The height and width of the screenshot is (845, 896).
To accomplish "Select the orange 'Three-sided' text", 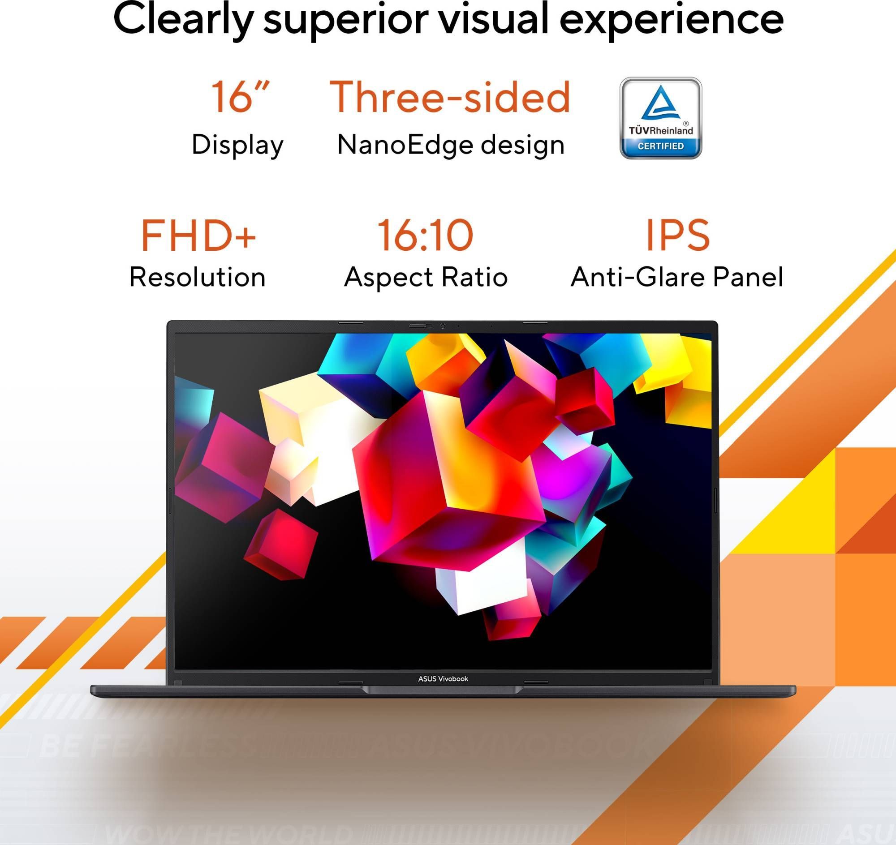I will (450, 97).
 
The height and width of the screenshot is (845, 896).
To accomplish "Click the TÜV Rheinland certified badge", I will (660, 118).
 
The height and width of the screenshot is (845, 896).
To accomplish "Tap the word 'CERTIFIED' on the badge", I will (660, 146).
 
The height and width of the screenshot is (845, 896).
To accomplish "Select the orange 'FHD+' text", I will (198, 235).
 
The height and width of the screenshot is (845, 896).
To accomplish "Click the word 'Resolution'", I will (198, 277).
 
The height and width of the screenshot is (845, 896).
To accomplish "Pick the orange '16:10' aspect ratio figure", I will (426, 235).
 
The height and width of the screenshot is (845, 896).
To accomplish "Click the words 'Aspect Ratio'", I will (426, 277).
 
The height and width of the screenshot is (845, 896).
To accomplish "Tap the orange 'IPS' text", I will (677, 235).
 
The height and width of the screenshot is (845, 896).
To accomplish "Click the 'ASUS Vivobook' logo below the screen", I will (443, 679).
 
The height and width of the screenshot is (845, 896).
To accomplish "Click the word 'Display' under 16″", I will (237, 145).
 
